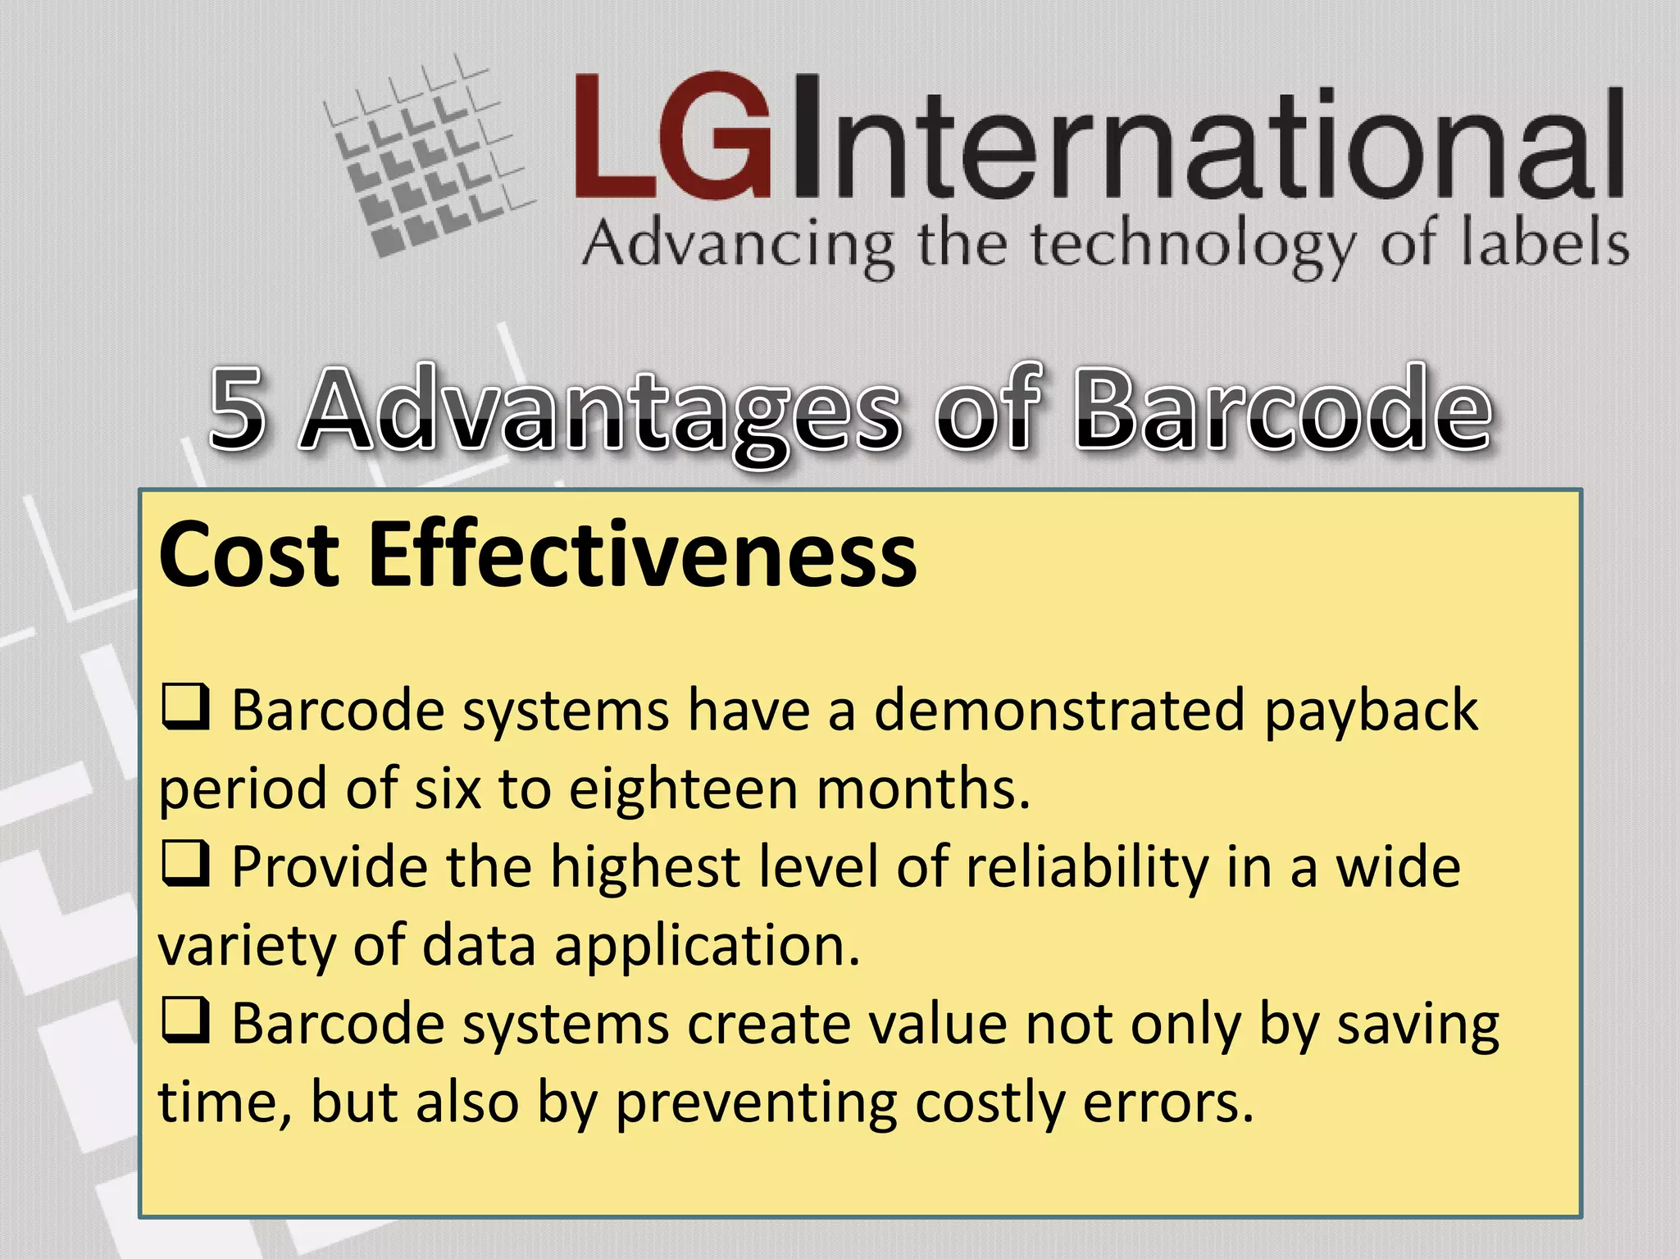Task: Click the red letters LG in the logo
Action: coord(672,137)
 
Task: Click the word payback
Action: coord(1371,711)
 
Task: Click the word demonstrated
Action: coord(1059,710)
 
